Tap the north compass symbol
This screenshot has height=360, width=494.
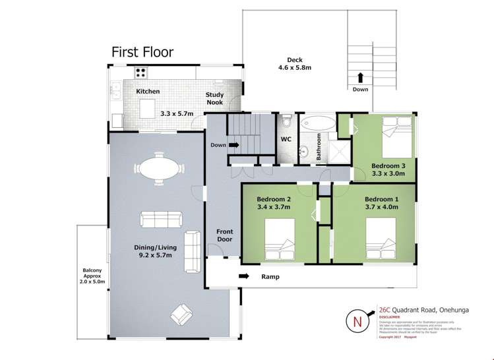(x=358, y=322)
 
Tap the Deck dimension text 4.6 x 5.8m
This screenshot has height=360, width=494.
(x=294, y=67)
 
